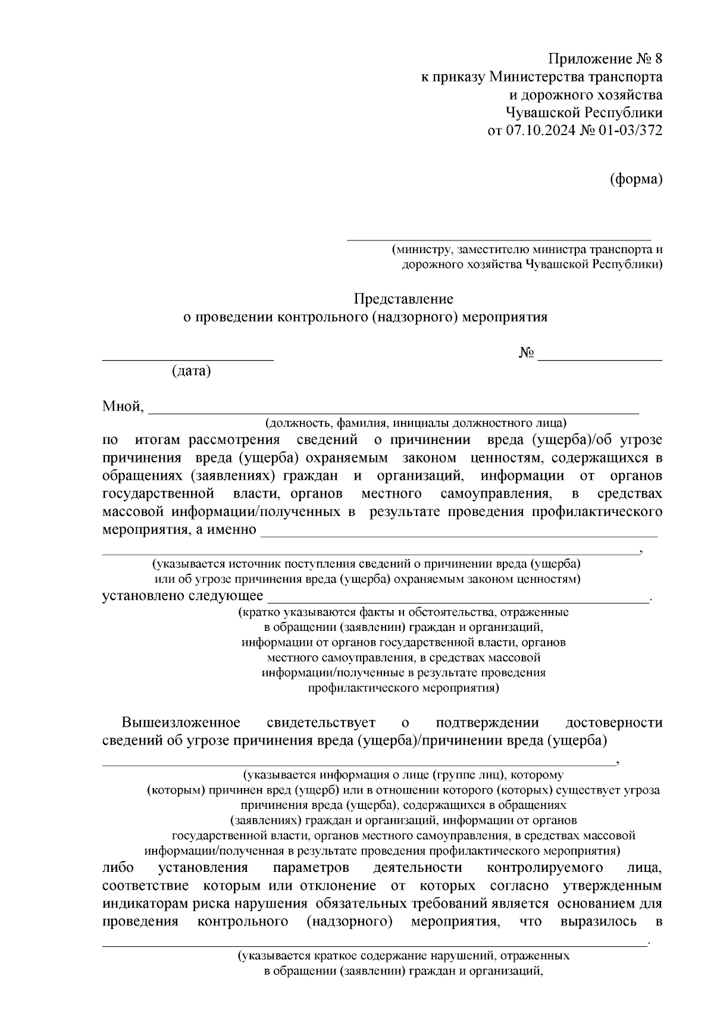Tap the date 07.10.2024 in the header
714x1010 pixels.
(540, 131)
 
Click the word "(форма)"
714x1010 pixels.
(636, 179)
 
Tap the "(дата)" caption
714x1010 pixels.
(191, 371)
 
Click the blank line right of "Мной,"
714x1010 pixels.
(393, 411)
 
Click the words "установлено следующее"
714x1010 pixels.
(183, 595)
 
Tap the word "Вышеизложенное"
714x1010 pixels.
(181, 723)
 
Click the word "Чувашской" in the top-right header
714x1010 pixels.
(541, 113)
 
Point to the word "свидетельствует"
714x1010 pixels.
(321, 723)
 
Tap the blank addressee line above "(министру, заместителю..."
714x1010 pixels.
(499, 240)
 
